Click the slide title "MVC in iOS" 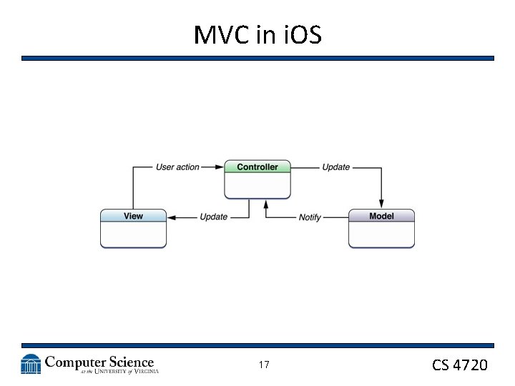[x=257, y=34]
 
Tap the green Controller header [x=257, y=167]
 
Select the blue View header [x=133, y=216]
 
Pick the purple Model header [x=381, y=216]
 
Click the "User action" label [x=177, y=167]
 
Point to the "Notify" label [x=310, y=217]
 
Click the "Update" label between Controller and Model [x=335, y=167]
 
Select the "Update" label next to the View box [x=213, y=217]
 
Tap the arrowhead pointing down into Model [x=381, y=204]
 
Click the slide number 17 [x=264, y=365]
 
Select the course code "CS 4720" [x=459, y=365]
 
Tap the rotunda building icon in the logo [x=31, y=365]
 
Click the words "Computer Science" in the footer [x=99, y=362]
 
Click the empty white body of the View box [x=133, y=234]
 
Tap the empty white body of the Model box [x=381, y=234]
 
